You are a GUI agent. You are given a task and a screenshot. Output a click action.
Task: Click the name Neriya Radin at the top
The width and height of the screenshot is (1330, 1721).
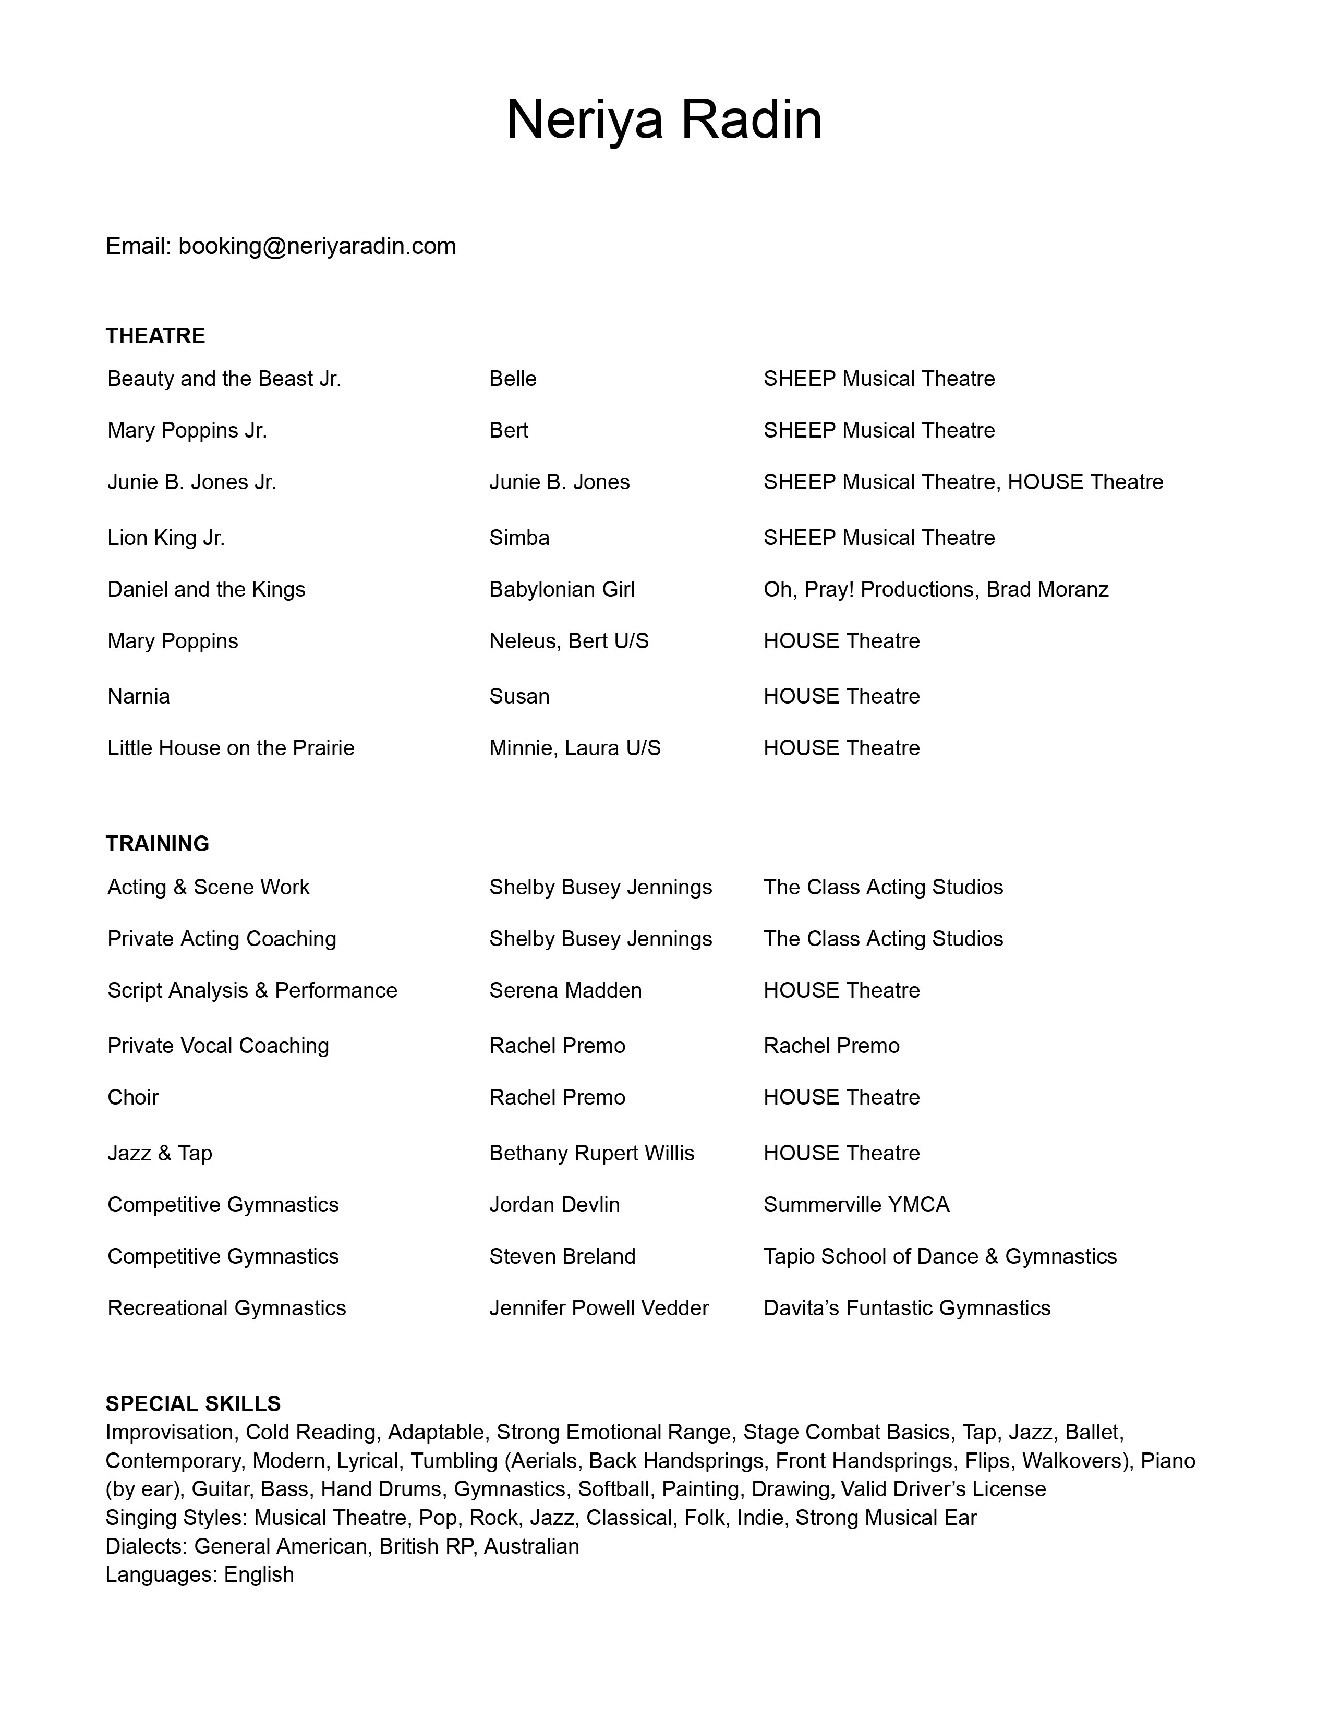(x=664, y=120)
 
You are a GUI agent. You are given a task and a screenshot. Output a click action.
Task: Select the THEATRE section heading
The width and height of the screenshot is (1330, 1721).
(x=155, y=336)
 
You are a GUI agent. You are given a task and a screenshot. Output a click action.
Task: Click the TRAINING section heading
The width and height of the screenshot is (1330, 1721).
(x=158, y=843)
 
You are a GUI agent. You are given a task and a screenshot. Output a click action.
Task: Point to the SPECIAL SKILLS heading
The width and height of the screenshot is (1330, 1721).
(x=193, y=1403)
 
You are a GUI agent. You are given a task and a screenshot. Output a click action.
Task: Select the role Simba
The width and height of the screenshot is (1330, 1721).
(x=519, y=537)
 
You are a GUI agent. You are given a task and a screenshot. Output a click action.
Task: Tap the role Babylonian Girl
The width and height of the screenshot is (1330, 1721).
(x=562, y=589)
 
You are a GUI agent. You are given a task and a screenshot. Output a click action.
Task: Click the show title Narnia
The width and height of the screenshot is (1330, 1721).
(x=139, y=696)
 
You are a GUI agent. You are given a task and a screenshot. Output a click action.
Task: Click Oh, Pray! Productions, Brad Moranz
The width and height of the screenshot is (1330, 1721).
(x=936, y=589)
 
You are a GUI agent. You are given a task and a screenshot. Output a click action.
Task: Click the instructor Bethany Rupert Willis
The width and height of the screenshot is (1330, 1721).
(x=592, y=1153)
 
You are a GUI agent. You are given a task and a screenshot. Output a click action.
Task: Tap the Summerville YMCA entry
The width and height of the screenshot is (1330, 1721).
(x=856, y=1204)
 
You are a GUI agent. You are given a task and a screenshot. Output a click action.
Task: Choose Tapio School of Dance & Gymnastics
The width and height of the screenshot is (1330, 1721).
(x=940, y=1256)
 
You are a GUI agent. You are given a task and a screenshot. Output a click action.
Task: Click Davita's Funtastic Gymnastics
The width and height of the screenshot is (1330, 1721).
(x=907, y=1307)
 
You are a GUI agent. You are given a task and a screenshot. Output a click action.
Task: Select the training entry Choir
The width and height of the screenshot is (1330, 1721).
(x=133, y=1097)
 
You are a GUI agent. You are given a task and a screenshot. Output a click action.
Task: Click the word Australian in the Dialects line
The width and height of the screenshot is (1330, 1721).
(x=532, y=1546)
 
